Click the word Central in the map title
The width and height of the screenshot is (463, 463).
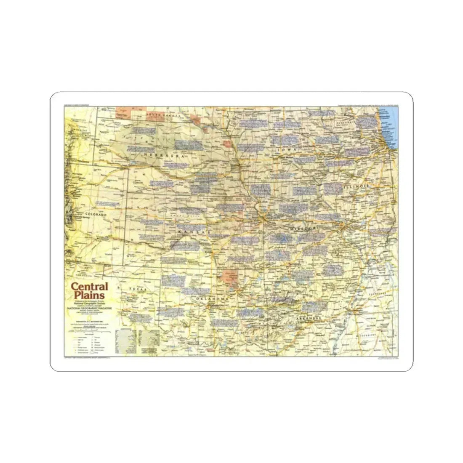point(89,287)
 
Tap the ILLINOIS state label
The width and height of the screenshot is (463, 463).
point(356,186)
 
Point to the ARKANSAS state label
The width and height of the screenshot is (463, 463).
point(305,318)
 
